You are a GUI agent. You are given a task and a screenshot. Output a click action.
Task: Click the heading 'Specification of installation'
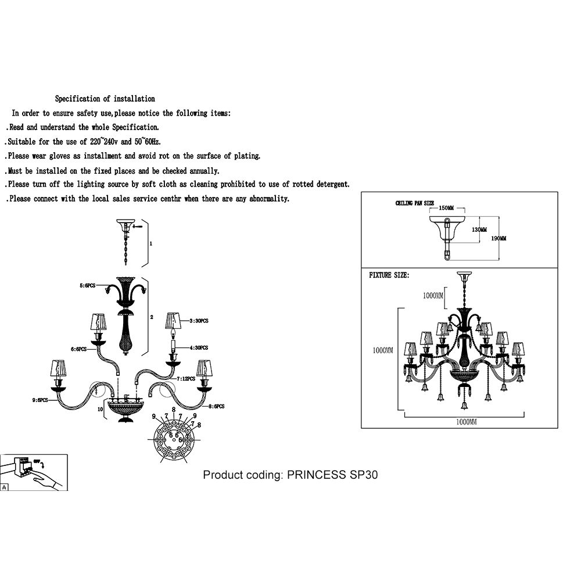(x=105, y=99)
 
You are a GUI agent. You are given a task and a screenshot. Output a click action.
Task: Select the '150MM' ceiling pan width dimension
(x=446, y=208)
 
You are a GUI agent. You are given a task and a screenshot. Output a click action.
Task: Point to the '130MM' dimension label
(x=479, y=230)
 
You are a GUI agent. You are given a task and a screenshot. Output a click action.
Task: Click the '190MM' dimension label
(x=499, y=238)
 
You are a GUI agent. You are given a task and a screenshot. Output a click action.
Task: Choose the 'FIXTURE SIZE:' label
(x=389, y=275)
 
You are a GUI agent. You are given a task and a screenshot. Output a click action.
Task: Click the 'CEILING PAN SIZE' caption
(x=415, y=203)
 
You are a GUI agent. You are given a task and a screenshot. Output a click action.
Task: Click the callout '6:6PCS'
(x=78, y=349)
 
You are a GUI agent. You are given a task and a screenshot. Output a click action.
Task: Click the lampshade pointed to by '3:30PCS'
(x=173, y=320)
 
